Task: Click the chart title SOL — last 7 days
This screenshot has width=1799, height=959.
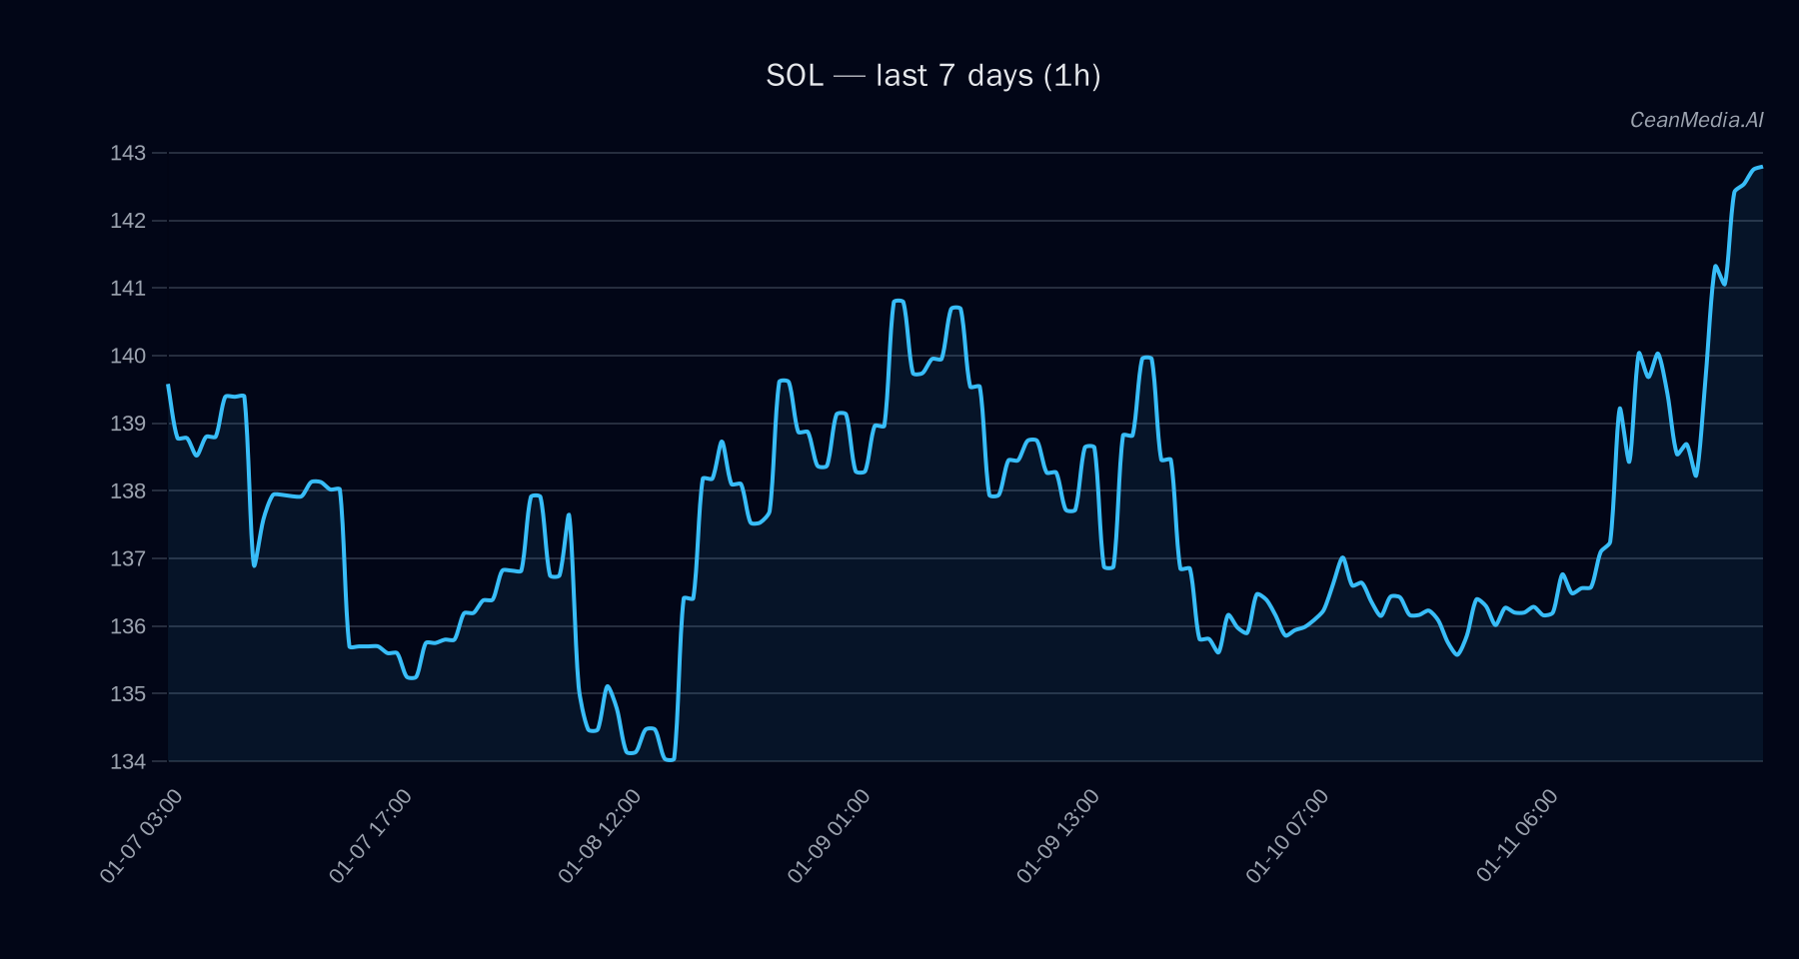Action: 932,76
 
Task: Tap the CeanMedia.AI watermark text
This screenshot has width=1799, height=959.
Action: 1696,120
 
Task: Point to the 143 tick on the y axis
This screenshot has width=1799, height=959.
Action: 128,153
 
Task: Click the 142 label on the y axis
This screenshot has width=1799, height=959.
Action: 128,221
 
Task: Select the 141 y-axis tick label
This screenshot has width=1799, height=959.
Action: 128,289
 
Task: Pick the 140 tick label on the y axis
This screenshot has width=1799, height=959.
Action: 128,356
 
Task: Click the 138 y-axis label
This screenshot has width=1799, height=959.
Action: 128,491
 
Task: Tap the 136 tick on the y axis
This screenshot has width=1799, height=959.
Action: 128,626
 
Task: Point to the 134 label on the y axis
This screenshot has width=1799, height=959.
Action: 128,761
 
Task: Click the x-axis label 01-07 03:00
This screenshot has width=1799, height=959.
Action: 142,835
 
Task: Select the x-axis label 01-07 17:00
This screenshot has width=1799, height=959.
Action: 371,835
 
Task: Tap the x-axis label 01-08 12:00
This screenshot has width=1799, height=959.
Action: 600,835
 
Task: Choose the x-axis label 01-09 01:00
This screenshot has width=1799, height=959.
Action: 829,835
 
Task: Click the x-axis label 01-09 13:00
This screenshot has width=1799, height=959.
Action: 1057,835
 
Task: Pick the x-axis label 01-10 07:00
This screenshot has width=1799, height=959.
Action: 1287,835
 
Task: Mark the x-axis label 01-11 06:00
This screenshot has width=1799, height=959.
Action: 1516,835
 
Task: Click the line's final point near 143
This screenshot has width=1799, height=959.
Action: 1762,167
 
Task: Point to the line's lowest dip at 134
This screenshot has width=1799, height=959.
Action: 669,760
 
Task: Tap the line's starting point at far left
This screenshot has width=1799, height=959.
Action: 168,385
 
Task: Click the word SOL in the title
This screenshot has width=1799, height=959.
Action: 795,76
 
